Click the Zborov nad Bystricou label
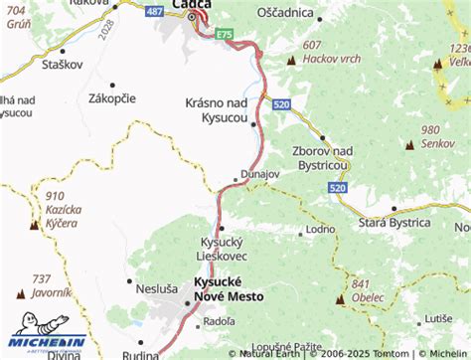pos(323,156)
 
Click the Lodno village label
pos(320,230)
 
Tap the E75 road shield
pos(225,34)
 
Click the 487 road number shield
pos(153,10)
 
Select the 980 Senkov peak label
pos(436,137)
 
